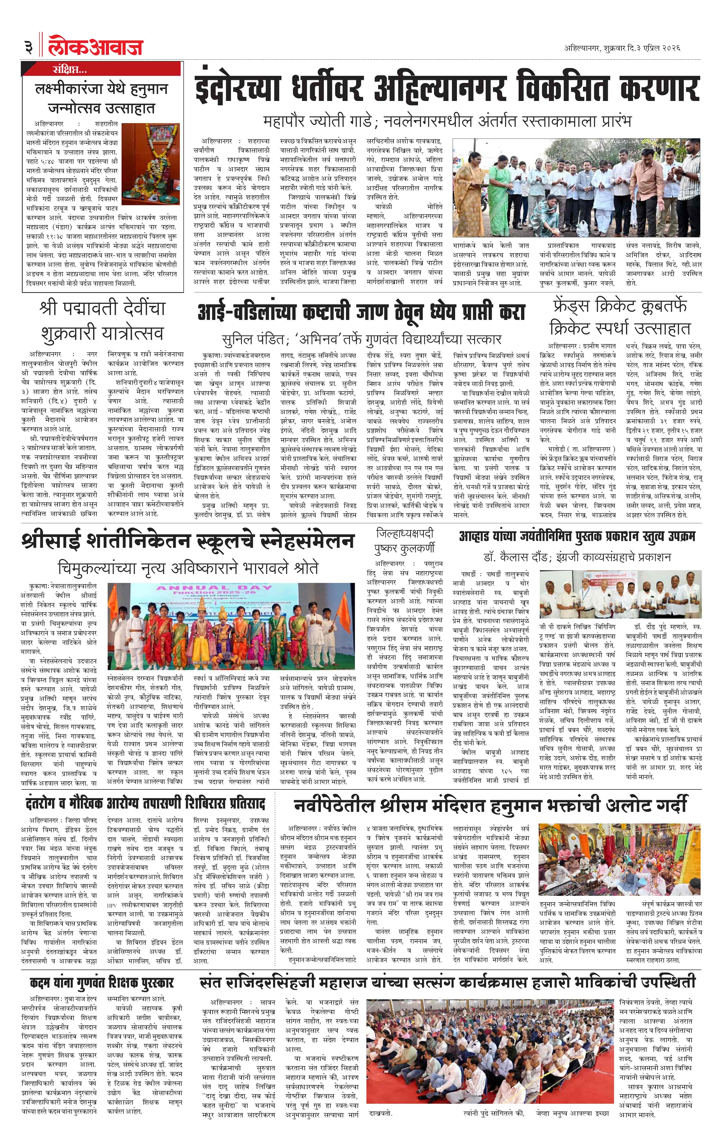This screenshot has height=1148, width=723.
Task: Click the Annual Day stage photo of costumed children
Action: [231, 626]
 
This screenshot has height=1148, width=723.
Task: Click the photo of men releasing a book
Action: [620, 594]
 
